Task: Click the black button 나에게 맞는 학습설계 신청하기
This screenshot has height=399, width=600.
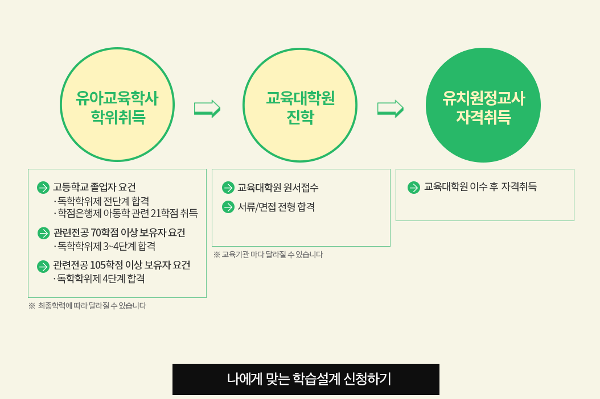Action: coord(306,379)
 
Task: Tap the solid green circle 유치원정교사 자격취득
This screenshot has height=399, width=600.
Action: coord(483,105)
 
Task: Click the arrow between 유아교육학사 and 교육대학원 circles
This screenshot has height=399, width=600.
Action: coord(207,109)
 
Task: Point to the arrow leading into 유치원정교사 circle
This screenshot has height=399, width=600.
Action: coord(391,109)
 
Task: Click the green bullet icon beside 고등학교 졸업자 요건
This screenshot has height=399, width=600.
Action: coord(43,188)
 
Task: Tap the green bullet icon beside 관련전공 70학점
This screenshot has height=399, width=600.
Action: coord(44,233)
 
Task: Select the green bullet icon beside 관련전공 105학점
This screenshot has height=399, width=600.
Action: coord(43,267)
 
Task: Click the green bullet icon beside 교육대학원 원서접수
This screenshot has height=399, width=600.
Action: coord(228,188)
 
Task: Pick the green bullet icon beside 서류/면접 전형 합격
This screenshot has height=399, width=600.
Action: coord(228,207)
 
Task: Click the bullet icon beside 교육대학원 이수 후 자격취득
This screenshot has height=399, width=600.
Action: coord(414,188)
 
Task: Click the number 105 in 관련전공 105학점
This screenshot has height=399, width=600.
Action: coord(97,265)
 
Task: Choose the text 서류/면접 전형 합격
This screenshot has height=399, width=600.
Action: coord(276,207)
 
